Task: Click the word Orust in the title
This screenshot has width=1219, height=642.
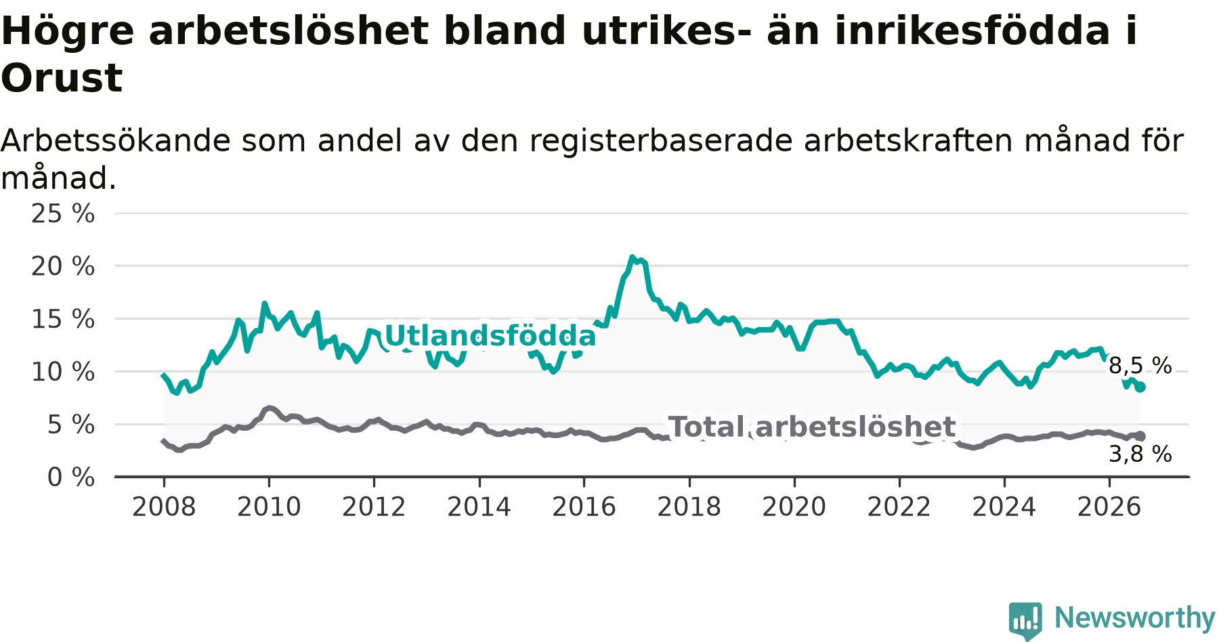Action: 62,78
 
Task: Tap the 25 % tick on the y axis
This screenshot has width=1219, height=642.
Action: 63,213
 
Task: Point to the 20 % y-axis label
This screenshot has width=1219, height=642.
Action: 63,266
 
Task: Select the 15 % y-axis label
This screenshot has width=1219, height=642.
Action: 63,319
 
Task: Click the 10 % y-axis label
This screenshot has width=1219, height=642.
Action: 63,372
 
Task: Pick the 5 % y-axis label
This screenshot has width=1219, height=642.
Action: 71,425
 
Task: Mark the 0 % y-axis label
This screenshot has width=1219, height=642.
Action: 71,477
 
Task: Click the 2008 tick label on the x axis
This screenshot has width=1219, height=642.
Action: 164,507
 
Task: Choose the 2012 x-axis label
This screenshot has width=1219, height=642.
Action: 374,507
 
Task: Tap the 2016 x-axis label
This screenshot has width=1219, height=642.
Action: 584,507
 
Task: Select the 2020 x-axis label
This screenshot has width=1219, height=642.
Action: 794,507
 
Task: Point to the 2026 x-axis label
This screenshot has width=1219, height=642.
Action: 1109,507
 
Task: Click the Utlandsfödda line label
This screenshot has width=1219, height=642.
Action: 490,336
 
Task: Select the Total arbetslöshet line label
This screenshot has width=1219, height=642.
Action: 812,427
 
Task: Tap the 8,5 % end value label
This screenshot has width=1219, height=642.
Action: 1140,366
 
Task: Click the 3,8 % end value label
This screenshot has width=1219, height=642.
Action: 1140,454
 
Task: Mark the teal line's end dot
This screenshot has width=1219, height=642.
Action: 1140,387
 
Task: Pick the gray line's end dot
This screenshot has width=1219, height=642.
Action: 1140,436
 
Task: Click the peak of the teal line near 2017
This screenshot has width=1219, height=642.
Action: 632,257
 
